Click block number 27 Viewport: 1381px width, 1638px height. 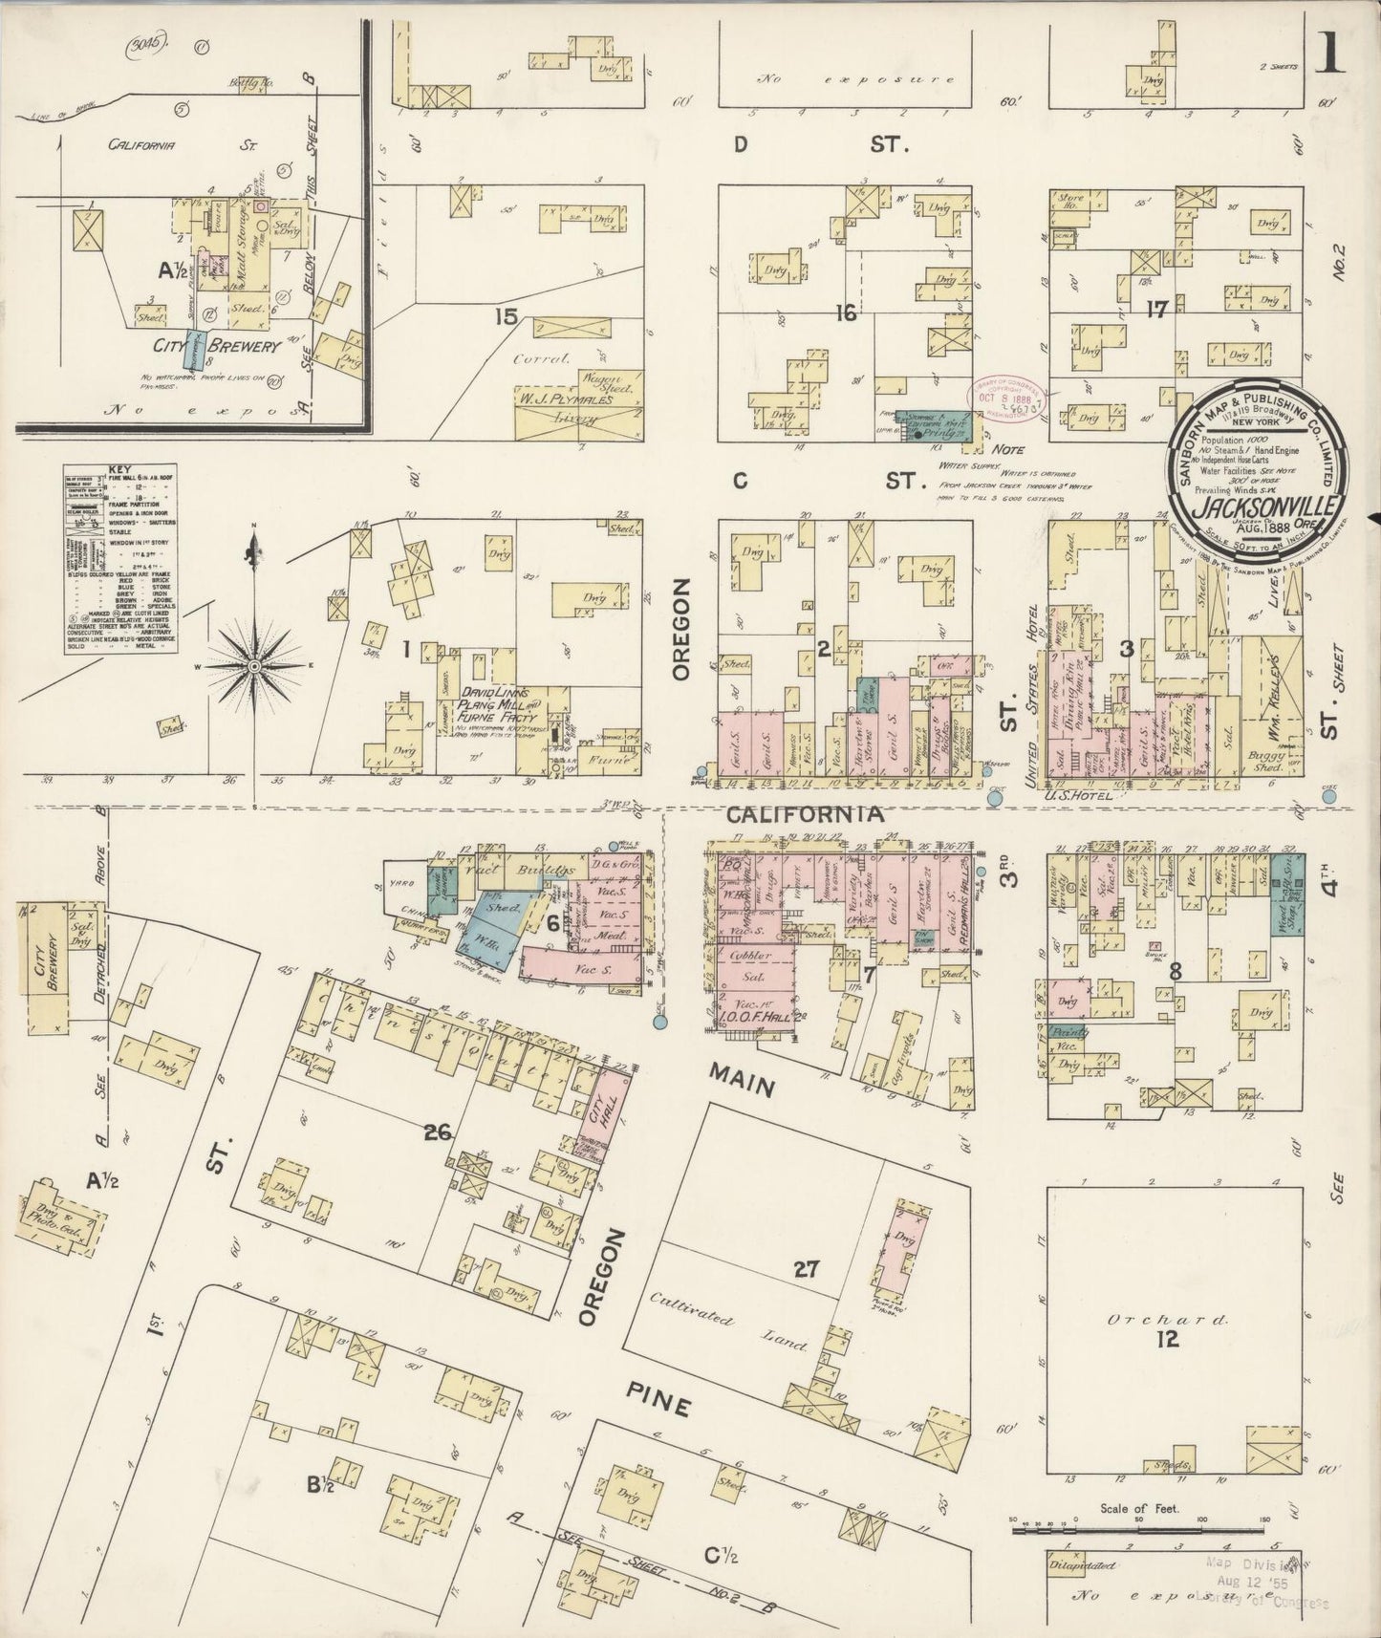pyautogui.click(x=807, y=1269)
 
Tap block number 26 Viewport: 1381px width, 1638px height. pyautogui.click(x=438, y=1132)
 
